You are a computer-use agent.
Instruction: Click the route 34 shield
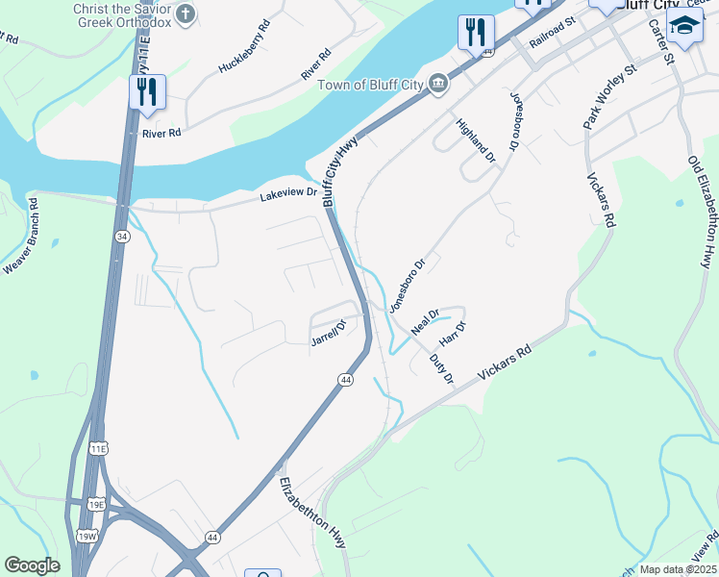coord(121,236)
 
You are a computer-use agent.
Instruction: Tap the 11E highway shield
coord(98,449)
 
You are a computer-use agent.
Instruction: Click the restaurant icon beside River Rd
coord(147,92)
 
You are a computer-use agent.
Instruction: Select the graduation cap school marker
coord(684,25)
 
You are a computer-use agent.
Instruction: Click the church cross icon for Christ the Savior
coord(186,13)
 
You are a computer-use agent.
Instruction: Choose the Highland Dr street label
coord(475,139)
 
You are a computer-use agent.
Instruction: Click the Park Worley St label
coord(609,96)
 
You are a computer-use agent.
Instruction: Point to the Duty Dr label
coord(440,368)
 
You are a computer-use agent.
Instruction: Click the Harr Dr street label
coord(452,334)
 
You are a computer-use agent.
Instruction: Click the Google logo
coord(32,565)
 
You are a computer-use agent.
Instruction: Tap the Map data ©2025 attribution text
coord(677,569)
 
